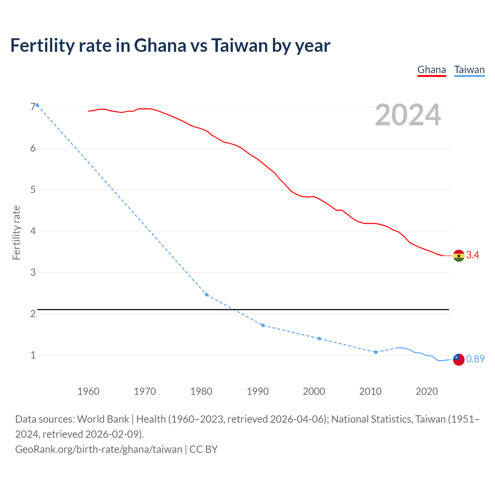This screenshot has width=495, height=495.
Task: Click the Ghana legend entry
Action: tap(432, 70)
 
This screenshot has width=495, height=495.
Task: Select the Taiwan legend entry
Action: tap(469, 70)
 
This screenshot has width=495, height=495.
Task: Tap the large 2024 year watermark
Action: tap(408, 115)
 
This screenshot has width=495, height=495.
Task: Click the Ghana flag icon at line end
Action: tap(459, 256)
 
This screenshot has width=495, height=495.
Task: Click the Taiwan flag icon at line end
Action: tap(459, 359)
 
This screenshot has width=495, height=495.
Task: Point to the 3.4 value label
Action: tap(473, 255)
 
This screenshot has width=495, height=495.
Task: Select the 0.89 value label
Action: tap(475, 359)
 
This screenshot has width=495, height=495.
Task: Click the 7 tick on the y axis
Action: tap(33, 107)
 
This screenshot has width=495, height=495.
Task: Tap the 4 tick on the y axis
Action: tap(33, 231)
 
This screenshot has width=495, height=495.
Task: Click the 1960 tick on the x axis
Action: tap(89, 391)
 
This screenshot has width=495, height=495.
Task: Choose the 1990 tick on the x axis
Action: tap(258, 391)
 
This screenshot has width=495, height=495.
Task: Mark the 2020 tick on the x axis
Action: tap(427, 391)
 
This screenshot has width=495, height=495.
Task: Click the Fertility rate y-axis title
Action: tap(16, 233)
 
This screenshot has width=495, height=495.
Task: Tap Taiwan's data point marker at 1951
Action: tap(38, 105)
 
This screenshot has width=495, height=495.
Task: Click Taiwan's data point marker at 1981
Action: tap(207, 295)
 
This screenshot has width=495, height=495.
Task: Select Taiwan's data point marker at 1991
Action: tap(263, 325)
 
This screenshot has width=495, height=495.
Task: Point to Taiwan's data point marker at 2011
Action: tap(376, 352)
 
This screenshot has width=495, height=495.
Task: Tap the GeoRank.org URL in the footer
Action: tap(99, 449)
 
